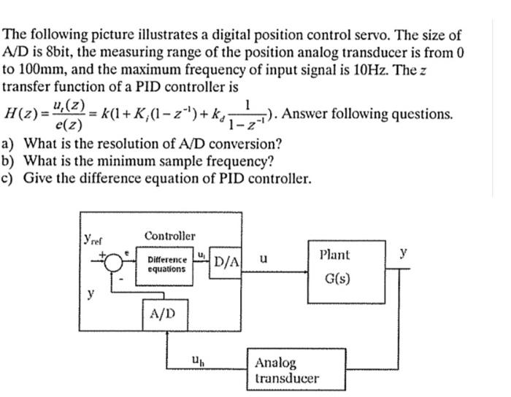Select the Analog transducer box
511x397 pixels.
(285, 370)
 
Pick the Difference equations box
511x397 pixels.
(167, 264)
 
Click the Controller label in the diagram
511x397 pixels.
(169, 236)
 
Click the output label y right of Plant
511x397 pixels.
(402, 253)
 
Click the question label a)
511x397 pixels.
(10, 144)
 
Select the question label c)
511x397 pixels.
(10, 178)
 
